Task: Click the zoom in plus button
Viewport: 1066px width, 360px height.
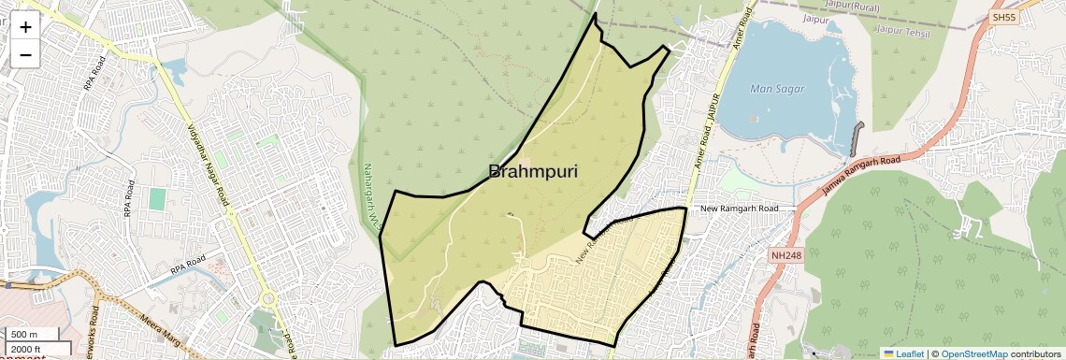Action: [25, 27]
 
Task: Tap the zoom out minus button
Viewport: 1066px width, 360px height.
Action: [25, 54]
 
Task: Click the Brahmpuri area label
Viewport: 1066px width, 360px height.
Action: [532, 172]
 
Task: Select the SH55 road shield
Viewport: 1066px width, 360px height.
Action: [1005, 18]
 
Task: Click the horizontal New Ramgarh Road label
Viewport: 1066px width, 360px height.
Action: [739, 209]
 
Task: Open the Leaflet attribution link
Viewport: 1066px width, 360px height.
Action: [903, 353]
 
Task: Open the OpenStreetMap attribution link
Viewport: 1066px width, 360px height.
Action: [974, 353]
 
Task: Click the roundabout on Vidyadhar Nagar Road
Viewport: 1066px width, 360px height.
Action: [269, 300]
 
